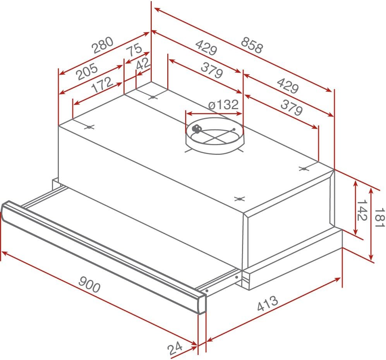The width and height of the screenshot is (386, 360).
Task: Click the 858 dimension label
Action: (252, 45)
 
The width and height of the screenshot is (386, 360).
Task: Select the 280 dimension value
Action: (103, 45)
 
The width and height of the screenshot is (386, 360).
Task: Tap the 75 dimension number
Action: (134, 50)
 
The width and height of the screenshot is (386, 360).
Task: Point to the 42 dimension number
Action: (143, 64)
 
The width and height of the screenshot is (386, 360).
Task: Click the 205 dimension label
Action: (87, 72)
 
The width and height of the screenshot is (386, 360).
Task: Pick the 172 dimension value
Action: (102, 84)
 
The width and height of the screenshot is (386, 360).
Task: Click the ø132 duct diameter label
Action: (223, 105)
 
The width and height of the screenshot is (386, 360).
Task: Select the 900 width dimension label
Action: (89, 284)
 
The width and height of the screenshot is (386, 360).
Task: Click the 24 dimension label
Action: (175, 348)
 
